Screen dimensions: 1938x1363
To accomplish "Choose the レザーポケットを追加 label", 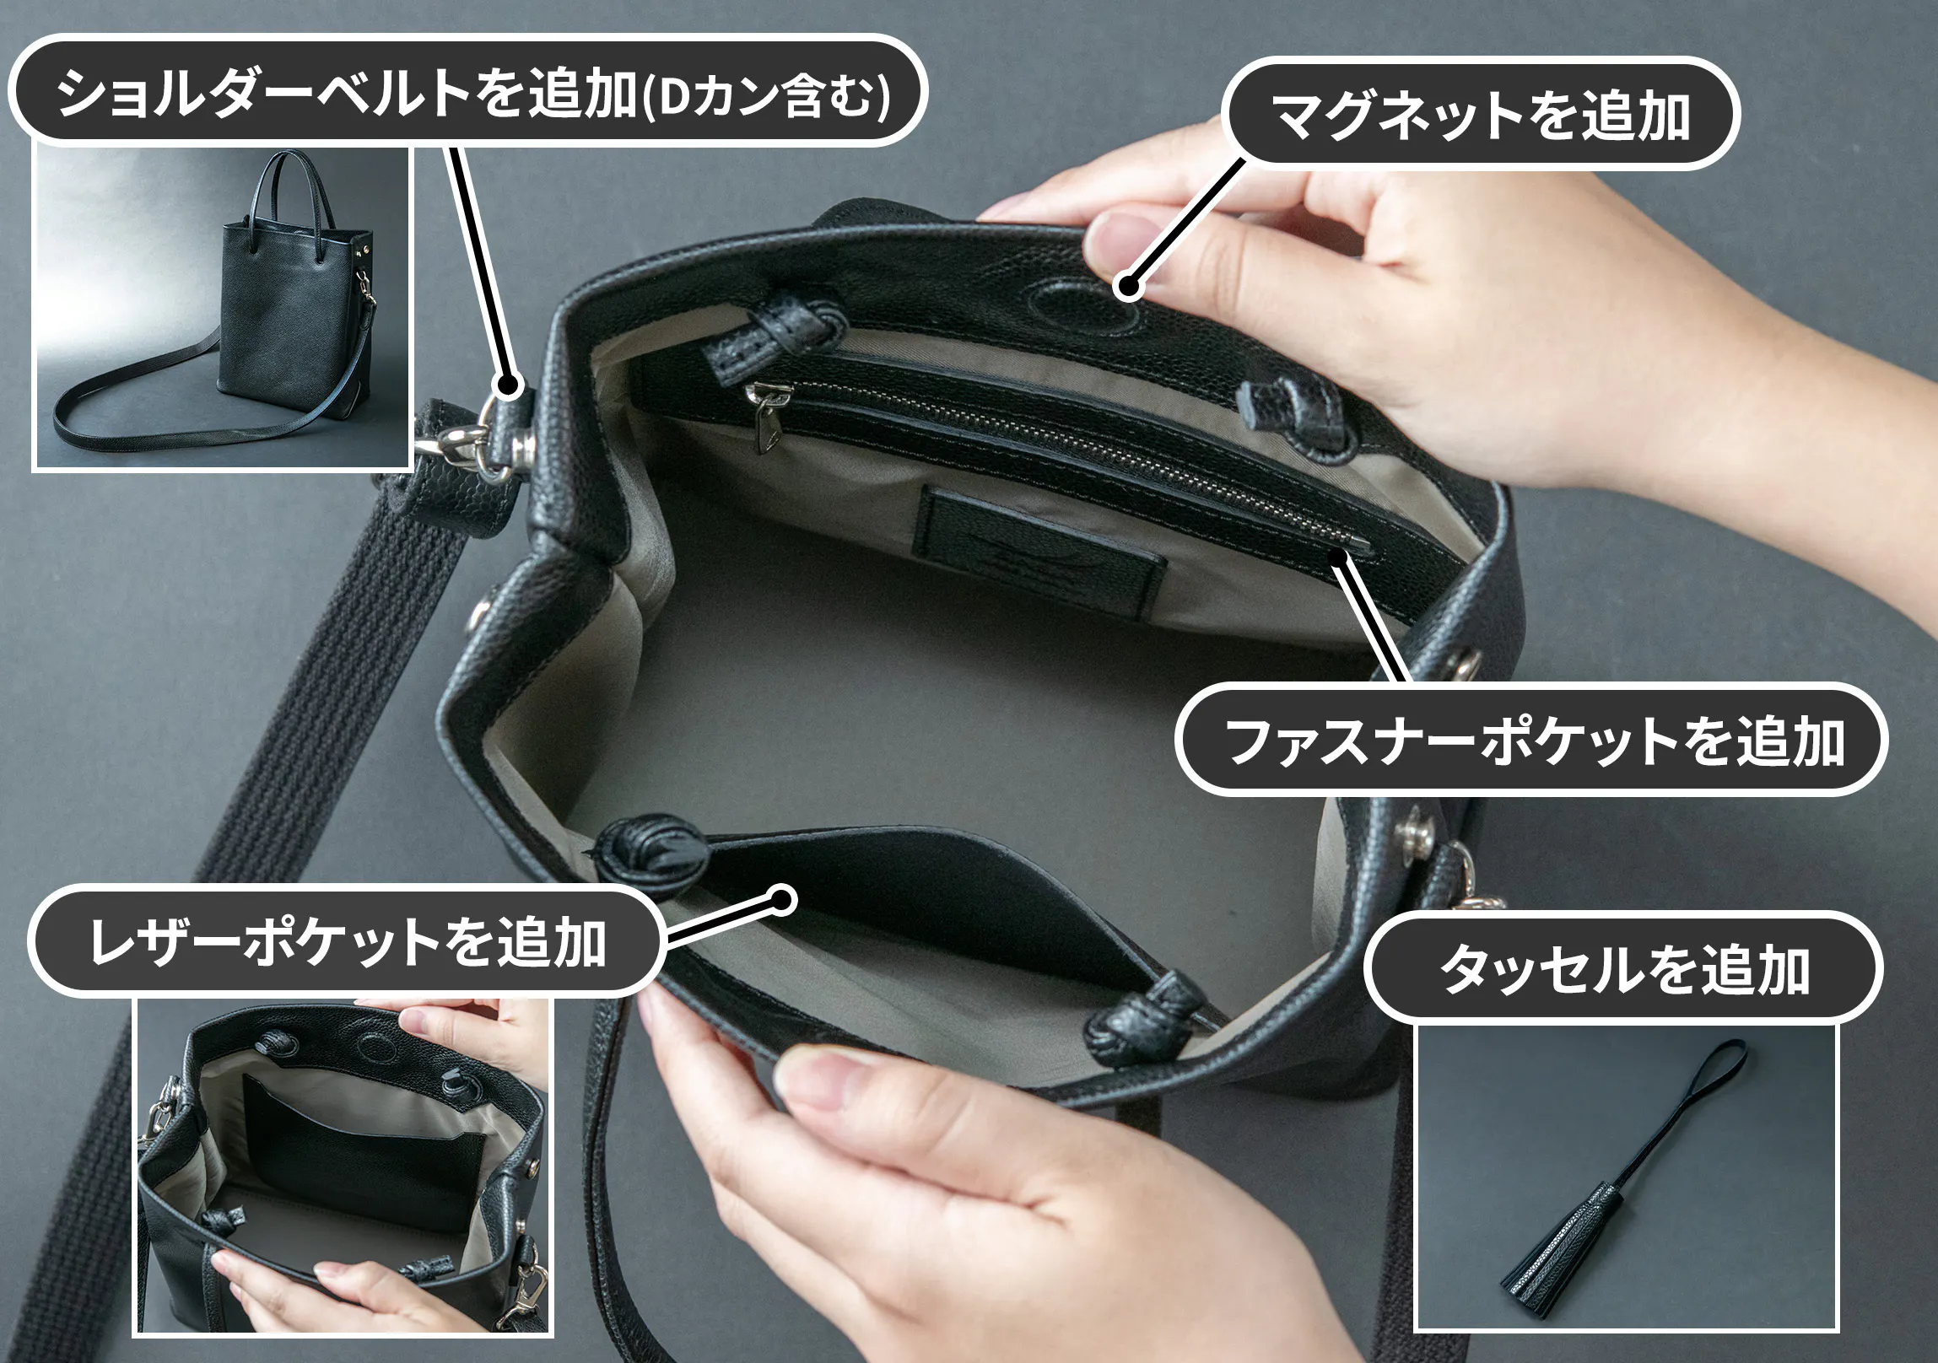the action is [346, 941].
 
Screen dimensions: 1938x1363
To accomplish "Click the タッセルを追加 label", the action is [1623, 968].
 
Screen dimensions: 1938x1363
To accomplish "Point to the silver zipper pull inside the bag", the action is [764, 413].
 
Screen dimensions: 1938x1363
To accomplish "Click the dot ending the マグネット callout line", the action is [1127, 286].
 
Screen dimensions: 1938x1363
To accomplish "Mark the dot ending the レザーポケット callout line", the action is [782, 901].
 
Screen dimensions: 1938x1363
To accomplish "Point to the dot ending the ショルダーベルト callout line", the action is [507, 385].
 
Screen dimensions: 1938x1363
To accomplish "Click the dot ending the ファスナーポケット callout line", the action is [1338, 556].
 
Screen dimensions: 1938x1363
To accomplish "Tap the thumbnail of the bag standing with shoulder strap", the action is [222, 307].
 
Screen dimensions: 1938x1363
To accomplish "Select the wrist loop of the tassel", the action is [1680, 1106].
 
